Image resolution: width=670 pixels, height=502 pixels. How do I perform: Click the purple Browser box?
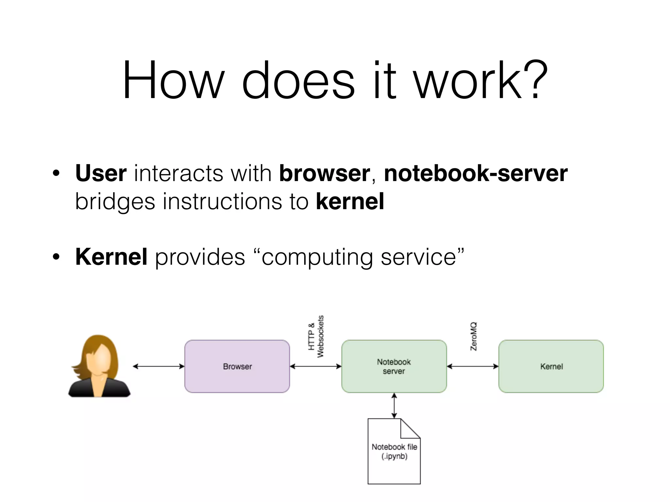(237, 366)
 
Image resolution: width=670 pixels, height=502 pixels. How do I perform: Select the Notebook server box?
(394, 366)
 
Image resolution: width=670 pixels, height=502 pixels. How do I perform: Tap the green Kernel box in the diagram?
(551, 366)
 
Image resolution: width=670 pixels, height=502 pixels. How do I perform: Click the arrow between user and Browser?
(159, 366)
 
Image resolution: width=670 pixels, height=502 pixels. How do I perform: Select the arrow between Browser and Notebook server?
(316, 366)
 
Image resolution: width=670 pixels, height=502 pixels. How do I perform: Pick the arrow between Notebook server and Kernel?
(473, 366)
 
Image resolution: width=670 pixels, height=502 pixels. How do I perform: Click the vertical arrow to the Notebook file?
(394, 406)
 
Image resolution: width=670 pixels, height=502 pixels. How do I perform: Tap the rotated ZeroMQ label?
(473, 337)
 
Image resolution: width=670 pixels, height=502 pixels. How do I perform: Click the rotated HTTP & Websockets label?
(316, 337)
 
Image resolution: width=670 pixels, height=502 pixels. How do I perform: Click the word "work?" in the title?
(481, 80)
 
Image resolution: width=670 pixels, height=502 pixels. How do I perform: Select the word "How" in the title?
(173, 80)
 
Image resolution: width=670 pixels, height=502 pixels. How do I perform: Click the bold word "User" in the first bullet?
(101, 173)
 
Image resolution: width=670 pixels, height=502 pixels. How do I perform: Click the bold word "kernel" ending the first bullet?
(350, 201)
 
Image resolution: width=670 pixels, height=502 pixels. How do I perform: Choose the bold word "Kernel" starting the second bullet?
(111, 257)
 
